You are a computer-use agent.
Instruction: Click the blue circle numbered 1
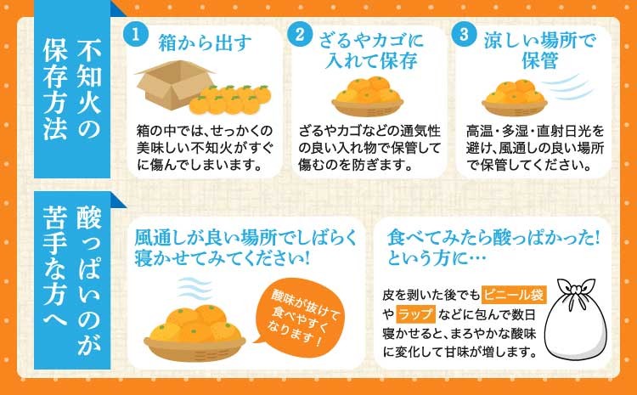click(x=135, y=35)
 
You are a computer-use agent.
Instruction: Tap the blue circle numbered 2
click(x=300, y=35)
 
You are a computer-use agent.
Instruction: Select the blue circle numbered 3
click(x=464, y=35)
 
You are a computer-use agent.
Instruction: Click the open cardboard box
click(x=174, y=85)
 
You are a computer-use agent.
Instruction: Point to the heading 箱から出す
click(x=205, y=42)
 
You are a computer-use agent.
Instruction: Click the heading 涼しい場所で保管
click(x=540, y=51)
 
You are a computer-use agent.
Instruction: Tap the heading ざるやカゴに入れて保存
click(x=371, y=51)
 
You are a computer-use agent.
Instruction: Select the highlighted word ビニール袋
click(x=514, y=295)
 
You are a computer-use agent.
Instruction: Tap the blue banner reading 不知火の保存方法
click(x=72, y=88)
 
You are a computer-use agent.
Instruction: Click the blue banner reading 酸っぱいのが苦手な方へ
click(x=72, y=280)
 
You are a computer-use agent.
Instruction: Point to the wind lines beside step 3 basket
click(x=566, y=87)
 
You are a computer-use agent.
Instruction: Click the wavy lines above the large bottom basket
click(x=194, y=289)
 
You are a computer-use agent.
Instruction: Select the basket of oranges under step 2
click(x=368, y=96)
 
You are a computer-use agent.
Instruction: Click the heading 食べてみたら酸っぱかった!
click(x=493, y=239)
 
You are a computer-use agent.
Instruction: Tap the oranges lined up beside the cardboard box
click(x=230, y=99)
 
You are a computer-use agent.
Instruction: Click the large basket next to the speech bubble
click(x=194, y=333)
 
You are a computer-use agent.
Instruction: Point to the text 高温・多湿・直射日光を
click(x=535, y=132)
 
